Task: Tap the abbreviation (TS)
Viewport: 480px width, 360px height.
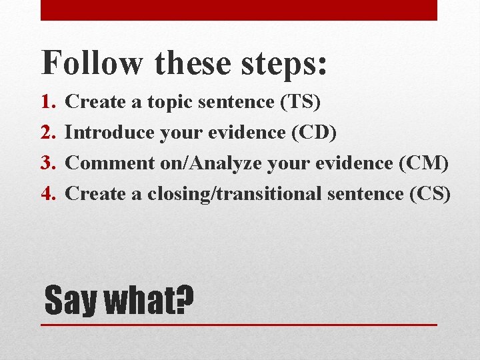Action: coord(300,102)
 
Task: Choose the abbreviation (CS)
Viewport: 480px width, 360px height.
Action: coord(430,194)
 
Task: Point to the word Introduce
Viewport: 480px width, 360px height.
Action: coord(111,133)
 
